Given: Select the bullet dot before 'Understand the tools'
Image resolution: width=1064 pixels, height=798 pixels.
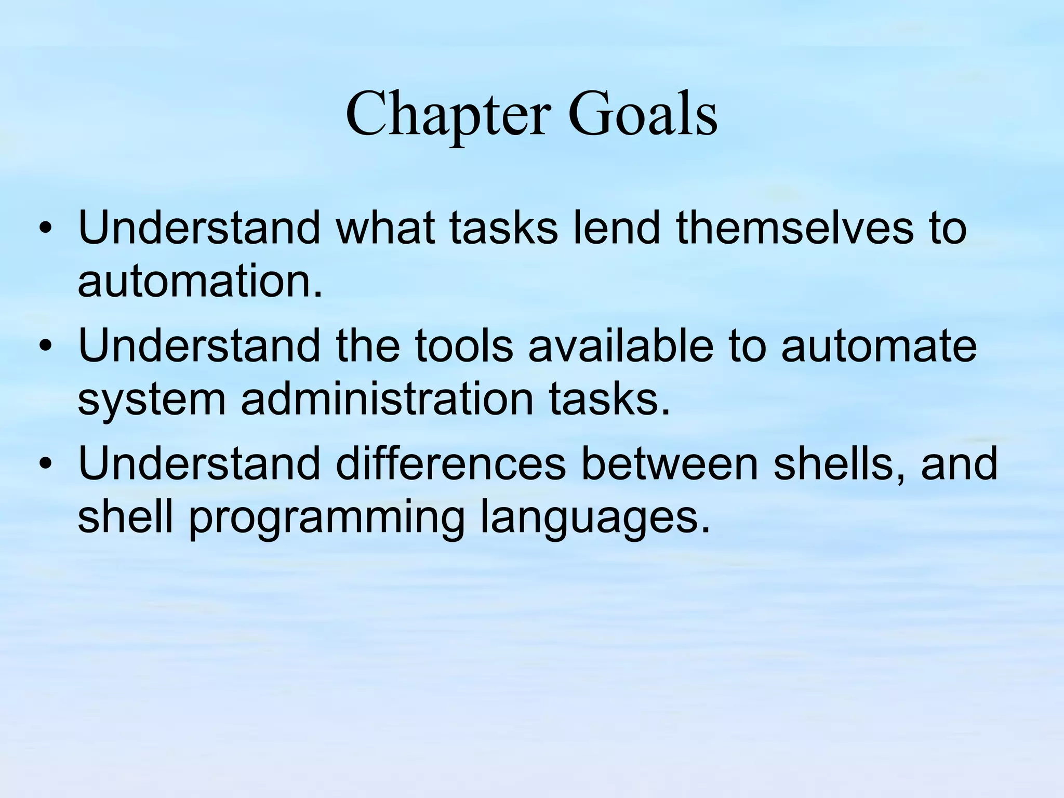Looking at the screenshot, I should pos(46,347).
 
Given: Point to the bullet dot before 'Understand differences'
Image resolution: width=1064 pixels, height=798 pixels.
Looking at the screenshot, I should pos(46,464).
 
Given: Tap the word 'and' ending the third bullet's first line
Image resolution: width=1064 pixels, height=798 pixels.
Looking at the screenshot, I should pos(960,463).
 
